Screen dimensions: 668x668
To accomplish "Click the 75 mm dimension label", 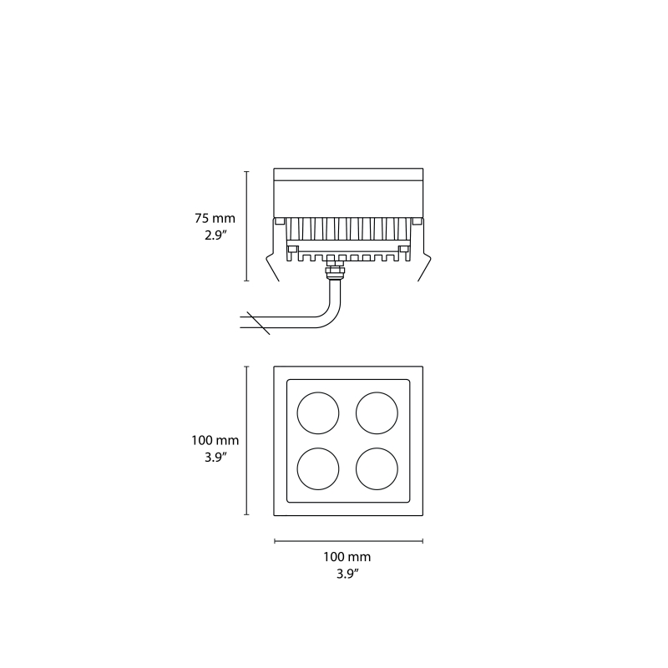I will (x=215, y=218).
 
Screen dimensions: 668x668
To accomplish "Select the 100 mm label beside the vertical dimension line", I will (x=215, y=439).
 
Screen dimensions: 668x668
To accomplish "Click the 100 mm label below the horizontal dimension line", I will (x=347, y=556).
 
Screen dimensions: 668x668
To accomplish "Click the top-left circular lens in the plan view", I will (x=318, y=412).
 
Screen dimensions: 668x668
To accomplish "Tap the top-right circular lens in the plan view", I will (x=377, y=412).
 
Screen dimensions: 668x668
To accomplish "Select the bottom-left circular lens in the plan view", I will (x=318, y=469).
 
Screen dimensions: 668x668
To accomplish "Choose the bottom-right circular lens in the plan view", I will (x=377, y=469).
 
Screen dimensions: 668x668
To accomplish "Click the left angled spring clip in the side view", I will (x=271, y=266).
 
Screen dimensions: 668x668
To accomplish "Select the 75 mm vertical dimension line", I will (x=246, y=226).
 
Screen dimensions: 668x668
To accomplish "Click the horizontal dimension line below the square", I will (x=348, y=541).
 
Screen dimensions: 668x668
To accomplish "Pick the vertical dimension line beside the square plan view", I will (x=246, y=441).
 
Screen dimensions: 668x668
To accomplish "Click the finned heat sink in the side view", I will (x=349, y=230).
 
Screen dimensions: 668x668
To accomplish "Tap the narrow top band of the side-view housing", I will (x=349, y=175).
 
